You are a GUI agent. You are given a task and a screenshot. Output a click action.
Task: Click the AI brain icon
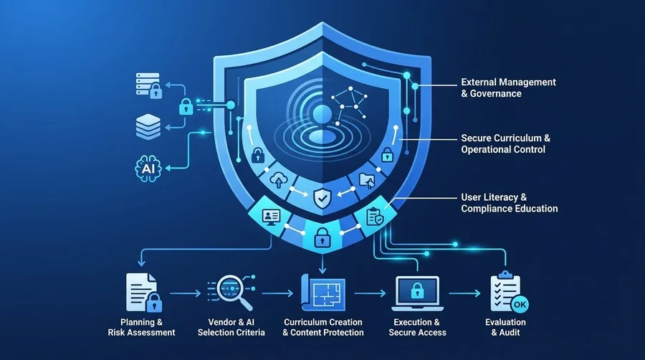coord(148,169)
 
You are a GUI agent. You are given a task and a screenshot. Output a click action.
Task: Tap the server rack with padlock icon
coord(149,85)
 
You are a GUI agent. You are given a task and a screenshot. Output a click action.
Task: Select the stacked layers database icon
coord(148,127)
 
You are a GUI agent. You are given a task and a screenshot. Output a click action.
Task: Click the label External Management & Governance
coord(508,87)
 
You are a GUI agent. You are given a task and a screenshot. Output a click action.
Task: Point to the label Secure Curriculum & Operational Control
coord(505,143)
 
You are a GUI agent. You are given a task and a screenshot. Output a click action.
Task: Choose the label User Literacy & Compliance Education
coord(510,203)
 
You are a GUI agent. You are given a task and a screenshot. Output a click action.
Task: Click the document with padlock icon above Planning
coord(143,293)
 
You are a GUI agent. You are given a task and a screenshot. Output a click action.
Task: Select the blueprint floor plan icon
coord(323,293)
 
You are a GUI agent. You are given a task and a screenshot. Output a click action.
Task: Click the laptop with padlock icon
coord(417,293)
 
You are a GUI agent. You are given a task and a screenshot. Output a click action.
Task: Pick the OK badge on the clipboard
coord(520,305)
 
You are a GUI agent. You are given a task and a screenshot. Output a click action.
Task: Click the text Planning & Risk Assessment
coord(141,328)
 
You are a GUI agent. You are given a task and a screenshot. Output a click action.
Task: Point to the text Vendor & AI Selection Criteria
coord(231,328)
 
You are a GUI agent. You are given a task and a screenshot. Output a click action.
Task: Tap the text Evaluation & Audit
coord(505,328)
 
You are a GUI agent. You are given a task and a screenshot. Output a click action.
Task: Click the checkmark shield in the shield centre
coord(322,198)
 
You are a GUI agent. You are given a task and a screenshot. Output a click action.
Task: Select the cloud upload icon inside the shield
coord(279,180)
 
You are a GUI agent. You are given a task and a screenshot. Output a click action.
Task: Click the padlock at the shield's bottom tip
coord(322,237)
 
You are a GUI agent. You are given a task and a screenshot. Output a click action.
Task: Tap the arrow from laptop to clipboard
coord(464,293)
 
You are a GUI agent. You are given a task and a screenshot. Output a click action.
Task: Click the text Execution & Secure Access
coord(418,328)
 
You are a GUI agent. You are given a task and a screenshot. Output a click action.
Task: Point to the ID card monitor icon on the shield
coord(271,217)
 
